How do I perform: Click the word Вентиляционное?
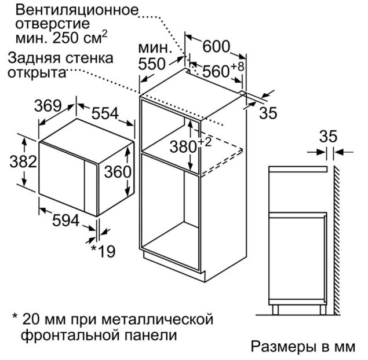pos(76,10)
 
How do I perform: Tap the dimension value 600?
pos(216,46)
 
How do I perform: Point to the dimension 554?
pos(105,113)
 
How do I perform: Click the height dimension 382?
pos(23,161)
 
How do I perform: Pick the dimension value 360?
pos(118,171)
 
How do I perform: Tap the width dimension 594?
pos(65,221)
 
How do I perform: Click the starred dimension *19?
pos(103,251)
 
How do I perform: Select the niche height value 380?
pos(183,147)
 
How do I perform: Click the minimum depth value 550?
pos(152,64)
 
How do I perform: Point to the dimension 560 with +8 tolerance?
pos(223,70)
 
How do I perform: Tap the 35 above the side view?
pos(328,136)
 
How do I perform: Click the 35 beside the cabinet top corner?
pos(268,113)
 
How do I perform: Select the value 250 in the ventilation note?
pos(66,38)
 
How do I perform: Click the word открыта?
pos(37,73)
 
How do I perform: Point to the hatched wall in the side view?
pos(336,240)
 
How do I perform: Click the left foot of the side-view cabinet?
pos(275,310)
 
